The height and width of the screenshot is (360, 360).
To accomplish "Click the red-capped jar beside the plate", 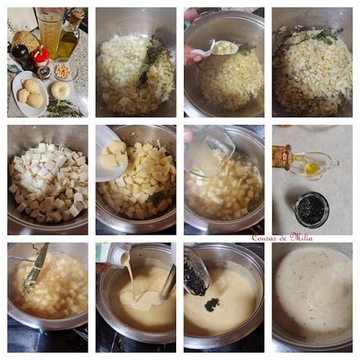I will (x=41, y=57).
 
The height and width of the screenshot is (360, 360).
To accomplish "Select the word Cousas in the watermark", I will (x=268, y=237).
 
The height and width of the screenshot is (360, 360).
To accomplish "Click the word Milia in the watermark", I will (x=302, y=237).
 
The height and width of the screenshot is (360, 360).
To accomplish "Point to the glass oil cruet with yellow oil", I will (x=316, y=165).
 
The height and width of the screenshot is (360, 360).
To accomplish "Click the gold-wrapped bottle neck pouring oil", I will (x=282, y=157).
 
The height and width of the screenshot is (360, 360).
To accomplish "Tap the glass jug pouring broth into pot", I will (x=210, y=149).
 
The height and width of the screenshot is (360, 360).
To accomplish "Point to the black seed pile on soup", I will (x=212, y=304).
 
